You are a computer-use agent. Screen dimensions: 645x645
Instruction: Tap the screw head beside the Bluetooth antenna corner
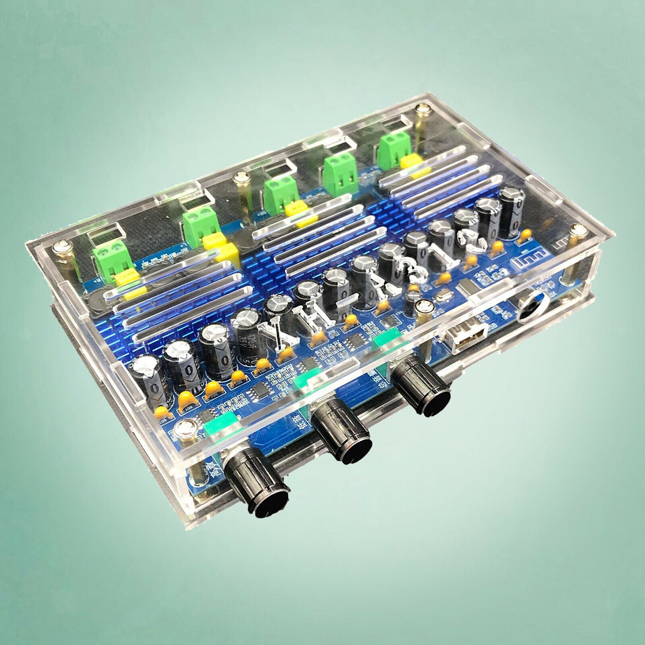coord(579,231)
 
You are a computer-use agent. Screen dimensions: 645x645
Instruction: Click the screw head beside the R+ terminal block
coord(63,246)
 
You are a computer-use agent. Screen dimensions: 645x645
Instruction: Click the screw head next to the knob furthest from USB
coord(186,429)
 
